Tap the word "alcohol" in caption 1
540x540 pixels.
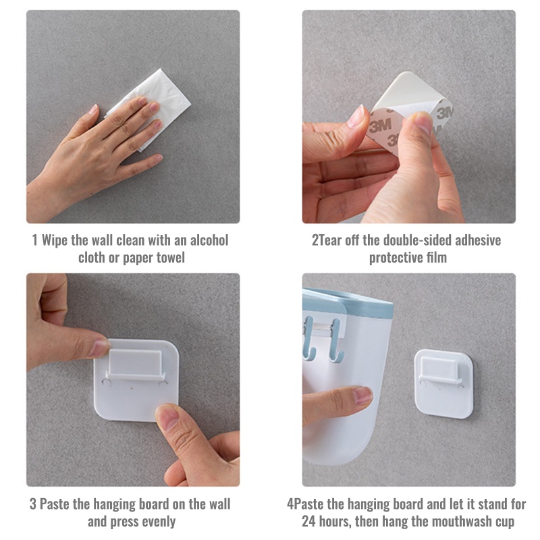click(x=209, y=240)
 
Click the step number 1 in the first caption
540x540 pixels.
click(x=34, y=240)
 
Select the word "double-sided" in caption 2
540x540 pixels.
click(x=417, y=240)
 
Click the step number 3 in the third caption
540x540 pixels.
click(x=32, y=504)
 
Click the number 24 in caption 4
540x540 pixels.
click(x=309, y=521)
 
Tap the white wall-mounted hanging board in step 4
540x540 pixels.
click(x=443, y=384)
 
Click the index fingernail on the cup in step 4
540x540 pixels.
click(x=362, y=395)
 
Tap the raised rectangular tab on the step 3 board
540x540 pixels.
click(x=135, y=362)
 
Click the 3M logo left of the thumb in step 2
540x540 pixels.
click(x=380, y=126)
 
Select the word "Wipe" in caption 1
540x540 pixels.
click(x=55, y=241)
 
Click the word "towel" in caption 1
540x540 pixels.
click(x=171, y=258)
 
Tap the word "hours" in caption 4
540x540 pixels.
click(x=334, y=522)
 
